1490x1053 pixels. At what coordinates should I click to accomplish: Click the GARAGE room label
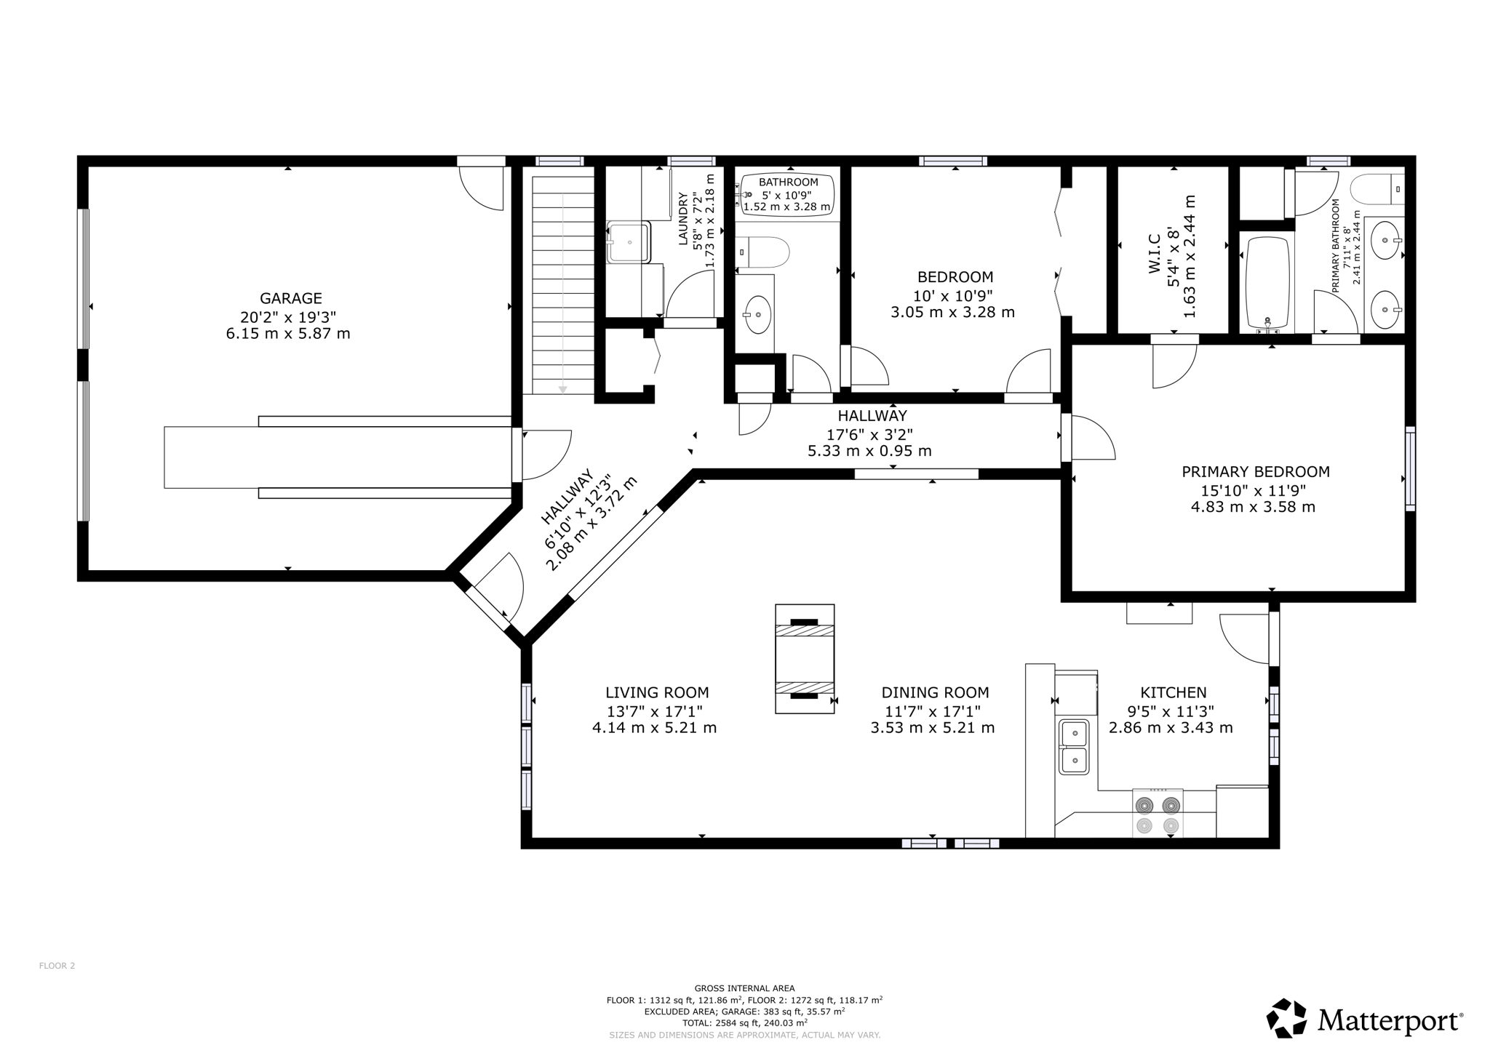[291, 298]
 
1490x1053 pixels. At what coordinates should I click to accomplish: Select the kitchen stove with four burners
[1158, 812]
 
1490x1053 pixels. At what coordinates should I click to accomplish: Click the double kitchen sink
[1074, 747]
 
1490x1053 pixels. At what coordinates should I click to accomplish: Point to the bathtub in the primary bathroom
[1267, 284]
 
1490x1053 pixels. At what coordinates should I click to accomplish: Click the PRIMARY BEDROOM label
[1256, 472]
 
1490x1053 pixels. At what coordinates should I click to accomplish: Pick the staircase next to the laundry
[563, 284]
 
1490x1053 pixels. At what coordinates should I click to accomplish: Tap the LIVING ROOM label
[657, 693]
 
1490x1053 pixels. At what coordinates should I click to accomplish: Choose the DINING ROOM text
[935, 693]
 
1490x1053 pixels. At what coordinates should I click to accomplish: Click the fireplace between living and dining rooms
[805, 659]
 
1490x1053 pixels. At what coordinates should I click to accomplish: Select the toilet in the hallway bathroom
[762, 253]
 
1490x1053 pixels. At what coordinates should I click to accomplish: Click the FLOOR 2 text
[57, 966]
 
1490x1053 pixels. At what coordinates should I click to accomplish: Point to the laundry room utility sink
[629, 242]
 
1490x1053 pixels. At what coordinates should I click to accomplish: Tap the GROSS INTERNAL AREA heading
[744, 988]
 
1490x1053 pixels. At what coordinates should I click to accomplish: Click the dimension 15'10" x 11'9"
[1256, 489]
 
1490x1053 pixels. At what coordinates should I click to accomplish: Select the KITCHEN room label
[1173, 693]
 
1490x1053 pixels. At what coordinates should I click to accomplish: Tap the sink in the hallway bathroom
[758, 314]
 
